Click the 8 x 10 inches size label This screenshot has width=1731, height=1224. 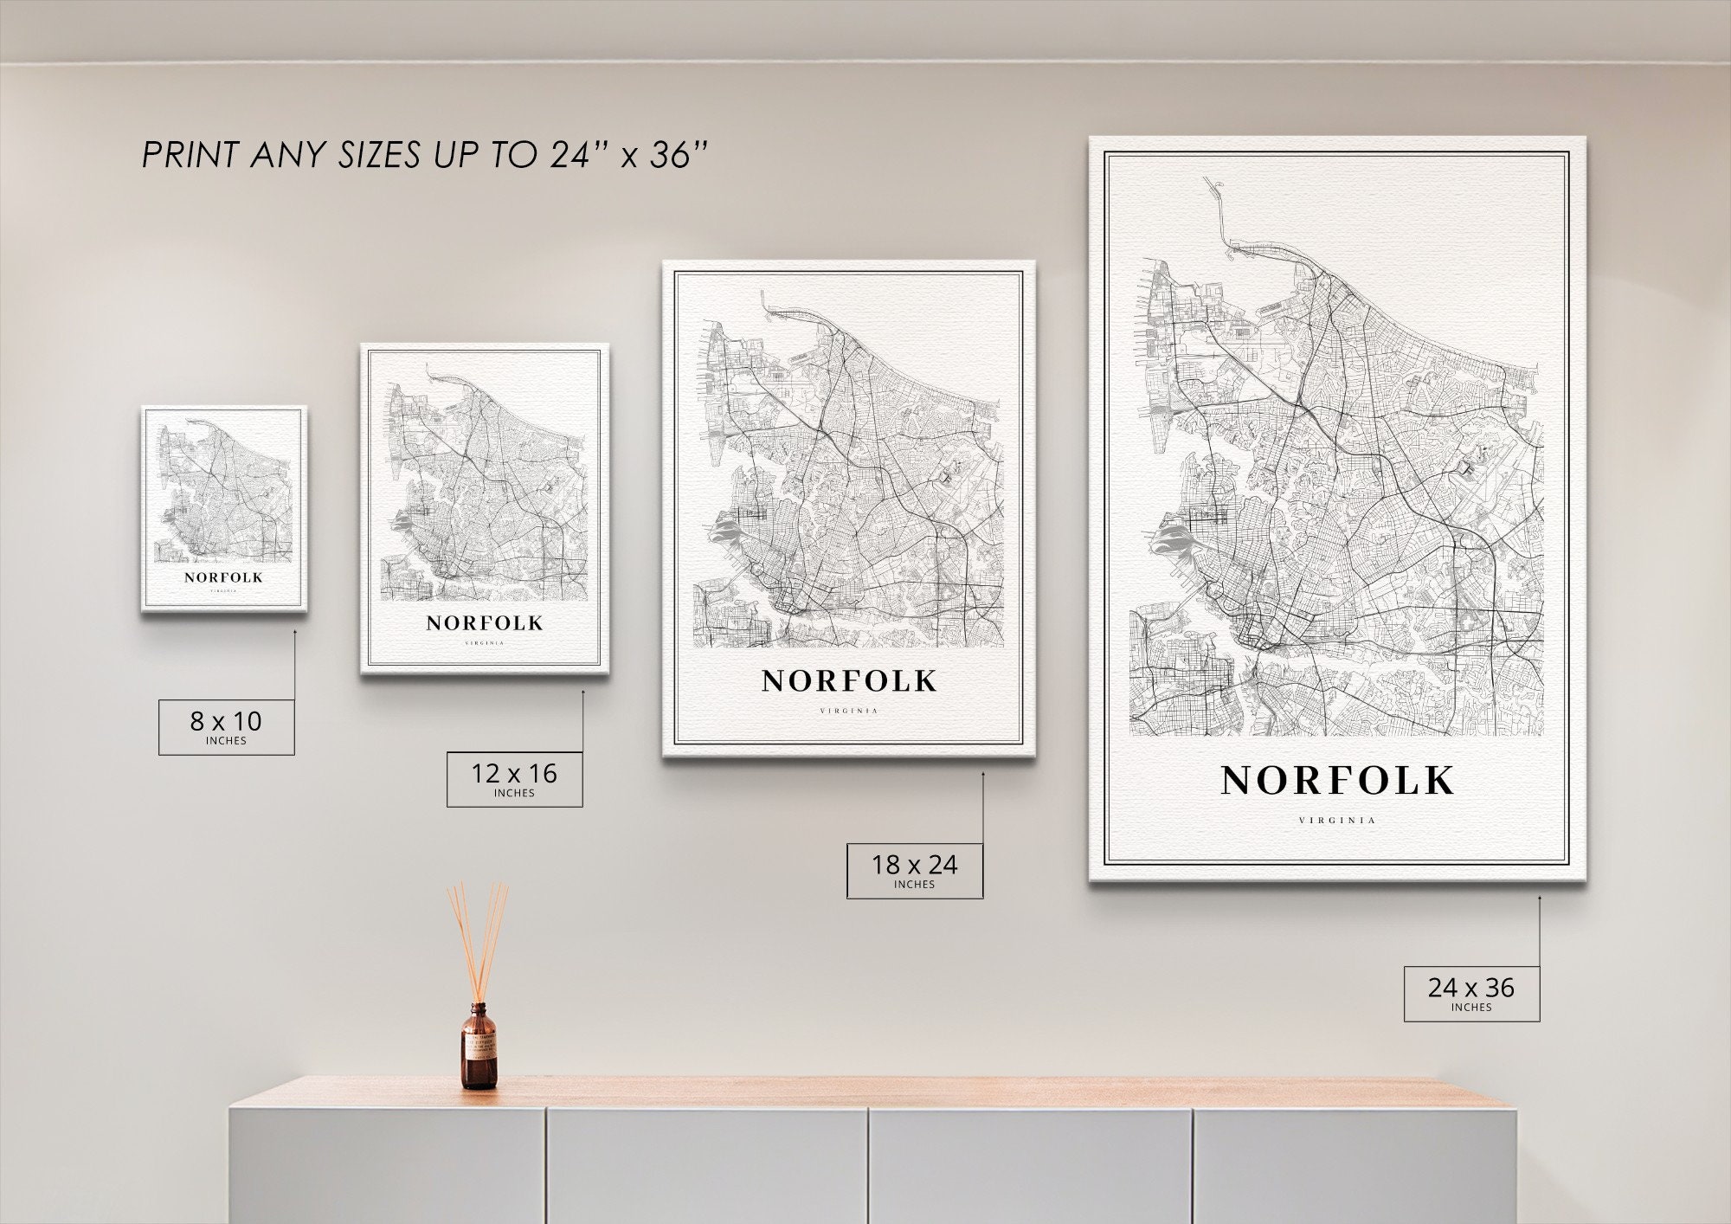click(x=226, y=726)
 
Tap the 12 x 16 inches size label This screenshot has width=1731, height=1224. click(x=514, y=779)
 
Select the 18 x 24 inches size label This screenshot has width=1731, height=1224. click(x=914, y=870)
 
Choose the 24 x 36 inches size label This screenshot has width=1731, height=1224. click(x=1471, y=993)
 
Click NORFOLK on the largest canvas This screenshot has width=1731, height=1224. click(x=1337, y=781)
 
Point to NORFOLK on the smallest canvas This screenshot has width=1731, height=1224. click(x=223, y=577)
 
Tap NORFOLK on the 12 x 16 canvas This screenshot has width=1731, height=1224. click(x=485, y=623)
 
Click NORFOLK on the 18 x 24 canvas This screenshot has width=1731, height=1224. click(x=849, y=681)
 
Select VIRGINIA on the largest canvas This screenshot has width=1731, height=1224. click(x=1337, y=821)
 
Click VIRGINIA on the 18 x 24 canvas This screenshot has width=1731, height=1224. click(x=849, y=712)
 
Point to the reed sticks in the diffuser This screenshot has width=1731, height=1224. click(x=478, y=939)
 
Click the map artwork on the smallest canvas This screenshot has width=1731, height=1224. click(x=223, y=489)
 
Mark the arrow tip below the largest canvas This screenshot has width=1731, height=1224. click(x=1540, y=898)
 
